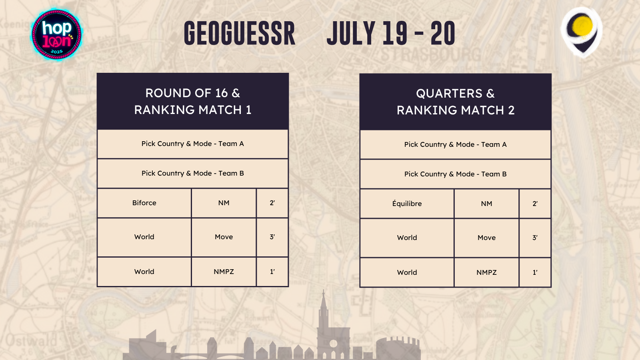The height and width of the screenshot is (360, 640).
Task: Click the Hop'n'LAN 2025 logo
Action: click(x=57, y=35)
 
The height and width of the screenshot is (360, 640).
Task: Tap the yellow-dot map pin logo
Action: click(x=582, y=32)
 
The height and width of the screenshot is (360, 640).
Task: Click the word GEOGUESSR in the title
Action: click(x=240, y=34)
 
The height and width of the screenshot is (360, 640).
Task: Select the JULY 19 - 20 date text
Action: click(x=391, y=34)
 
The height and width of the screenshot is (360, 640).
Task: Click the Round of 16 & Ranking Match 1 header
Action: click(x=193, y=102)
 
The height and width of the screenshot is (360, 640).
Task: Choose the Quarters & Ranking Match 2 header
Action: click(x=456, y=102)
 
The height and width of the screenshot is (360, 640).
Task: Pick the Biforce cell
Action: click(x=144, y=203)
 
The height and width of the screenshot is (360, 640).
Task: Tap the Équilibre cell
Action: click(x=407, y=204)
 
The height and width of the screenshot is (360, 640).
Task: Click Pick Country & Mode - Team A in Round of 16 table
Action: click(x=193, y=144)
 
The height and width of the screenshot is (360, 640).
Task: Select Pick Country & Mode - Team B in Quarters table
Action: click(x=456, y=174)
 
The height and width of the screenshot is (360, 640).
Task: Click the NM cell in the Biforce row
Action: click(x=224, y=203)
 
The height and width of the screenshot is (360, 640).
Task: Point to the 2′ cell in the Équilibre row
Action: click(x=535, y=204)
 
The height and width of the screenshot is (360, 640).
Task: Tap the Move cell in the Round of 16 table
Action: click(x=224, y=237)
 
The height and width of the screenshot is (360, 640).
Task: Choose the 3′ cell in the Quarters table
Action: click(x=535, y=238)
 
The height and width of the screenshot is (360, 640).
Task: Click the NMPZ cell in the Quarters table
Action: click(x=486, y=272)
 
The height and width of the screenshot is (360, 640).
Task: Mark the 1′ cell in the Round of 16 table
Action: click(x=272, y=272)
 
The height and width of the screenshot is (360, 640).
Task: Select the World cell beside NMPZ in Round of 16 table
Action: click(x=144, y=272)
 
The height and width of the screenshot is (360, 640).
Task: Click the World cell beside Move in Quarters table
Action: click(x=407, y=238)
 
